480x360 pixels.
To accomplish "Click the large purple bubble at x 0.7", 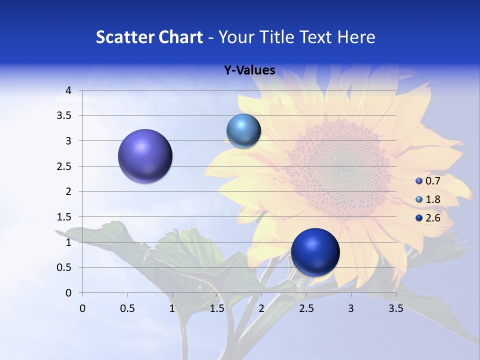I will click(145, 156).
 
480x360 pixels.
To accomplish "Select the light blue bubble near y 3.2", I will click(243, 130).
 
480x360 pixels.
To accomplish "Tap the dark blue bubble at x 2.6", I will click(315, 252).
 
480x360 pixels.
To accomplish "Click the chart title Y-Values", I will click(249, 70).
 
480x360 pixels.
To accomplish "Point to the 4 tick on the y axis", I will click(68, 90).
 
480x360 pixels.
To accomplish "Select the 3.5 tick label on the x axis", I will click(395, 308).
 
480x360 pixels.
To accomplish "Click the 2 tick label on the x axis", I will click(261, 308).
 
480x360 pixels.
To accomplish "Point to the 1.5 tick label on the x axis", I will click(216, 308).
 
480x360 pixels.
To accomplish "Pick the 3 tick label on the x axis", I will click(351, 308).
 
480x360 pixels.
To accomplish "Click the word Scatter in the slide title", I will click(124, 37).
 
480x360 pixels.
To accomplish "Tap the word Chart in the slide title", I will click(179, 37).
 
